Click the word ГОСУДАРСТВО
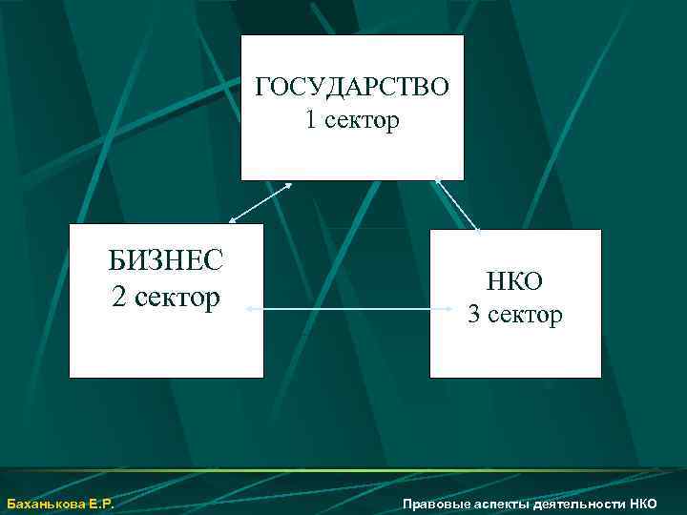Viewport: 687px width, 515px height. (x=352, y=88)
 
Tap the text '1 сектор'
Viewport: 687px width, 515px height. (x=352, y=121)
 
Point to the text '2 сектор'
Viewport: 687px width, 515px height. (x=165, y=297)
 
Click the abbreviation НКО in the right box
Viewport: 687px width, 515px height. (x=514, y=281)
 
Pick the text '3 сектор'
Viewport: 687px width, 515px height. (x=514, y=314)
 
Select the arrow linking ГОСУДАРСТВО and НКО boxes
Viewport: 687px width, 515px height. (x=456, y=203)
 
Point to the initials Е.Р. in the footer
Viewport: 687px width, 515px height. (x=101, y=504)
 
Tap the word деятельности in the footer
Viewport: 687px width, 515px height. (x=579, y=504)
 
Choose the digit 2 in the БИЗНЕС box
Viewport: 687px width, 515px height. (x=117, y=297)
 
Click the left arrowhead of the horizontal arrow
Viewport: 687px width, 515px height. (x=249, y=309)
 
